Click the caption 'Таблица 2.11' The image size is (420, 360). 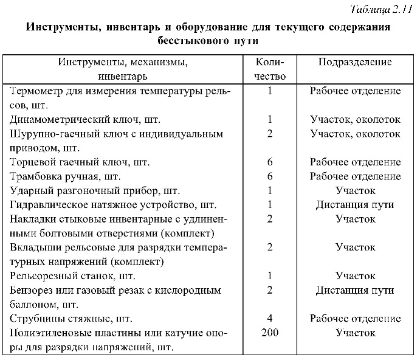pos(382,10)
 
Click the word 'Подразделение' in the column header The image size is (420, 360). pos(355,62)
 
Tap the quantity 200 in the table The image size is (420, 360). pos(270,333)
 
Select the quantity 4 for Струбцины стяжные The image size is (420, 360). pos(270,318)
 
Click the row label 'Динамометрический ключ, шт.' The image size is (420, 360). pos(76,119)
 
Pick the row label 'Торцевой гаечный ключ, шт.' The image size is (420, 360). pos(71,162)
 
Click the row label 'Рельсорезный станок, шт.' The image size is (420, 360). pos(68,275)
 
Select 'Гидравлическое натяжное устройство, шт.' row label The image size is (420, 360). pos(105,204)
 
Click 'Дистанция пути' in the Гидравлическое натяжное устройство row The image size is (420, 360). pos(355,204)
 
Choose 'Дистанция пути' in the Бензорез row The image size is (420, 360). pos(355,289)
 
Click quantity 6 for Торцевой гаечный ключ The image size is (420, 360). pos(270,162)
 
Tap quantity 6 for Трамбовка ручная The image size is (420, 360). pos(270,176)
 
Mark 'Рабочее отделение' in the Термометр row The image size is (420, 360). pos(355,91)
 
